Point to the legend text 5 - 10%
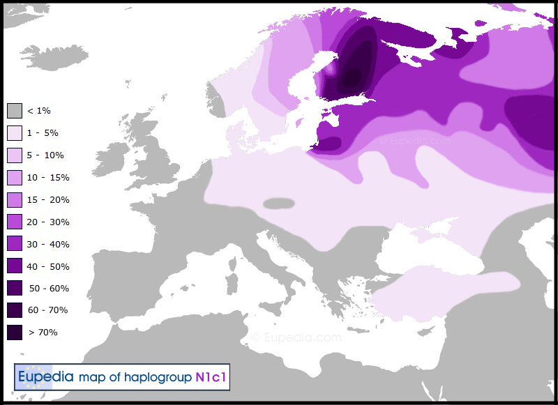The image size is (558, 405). (46, 155)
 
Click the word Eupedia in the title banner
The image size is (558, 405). (46, 378)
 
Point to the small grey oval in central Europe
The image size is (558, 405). (279, 204)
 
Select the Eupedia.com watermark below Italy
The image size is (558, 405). (297, 337)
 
